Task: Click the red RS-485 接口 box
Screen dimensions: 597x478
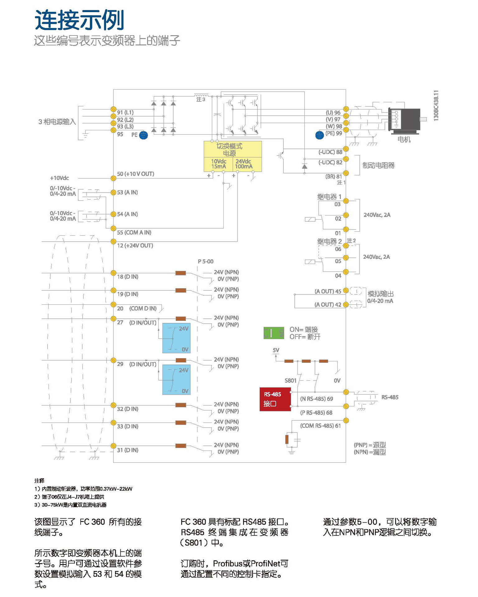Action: (x=275, y=399)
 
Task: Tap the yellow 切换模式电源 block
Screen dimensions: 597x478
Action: (x=232, y=156)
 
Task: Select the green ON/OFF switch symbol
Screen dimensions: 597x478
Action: (x=274, y=333)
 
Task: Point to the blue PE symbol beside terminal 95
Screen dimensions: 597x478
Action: (x=143, y=135)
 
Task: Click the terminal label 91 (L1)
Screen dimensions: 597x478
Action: (x=125, y=112)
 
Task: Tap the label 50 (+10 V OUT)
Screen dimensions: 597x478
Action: (x=135, y=174)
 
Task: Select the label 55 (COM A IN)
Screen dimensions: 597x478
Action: (x=134, y=232)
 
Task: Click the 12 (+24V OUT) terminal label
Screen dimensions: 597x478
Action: (x=135, y=245)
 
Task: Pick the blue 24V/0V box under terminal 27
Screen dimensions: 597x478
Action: (x=176, y=338)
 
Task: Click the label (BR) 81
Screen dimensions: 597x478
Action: (x=334, y=176)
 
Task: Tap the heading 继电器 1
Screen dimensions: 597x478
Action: (x=329, y=197)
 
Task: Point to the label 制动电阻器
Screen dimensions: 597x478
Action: (x=378, y=165)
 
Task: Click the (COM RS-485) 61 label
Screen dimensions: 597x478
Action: (x=320, y=426)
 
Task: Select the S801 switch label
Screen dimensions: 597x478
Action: (x=290, y=380)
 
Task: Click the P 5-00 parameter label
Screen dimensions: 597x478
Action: (x=205, y=261)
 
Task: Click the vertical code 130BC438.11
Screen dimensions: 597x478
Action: (x=436, y=105)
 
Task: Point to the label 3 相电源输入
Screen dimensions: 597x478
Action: (x=57, y=122)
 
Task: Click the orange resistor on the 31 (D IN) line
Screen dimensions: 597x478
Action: (x=180, y=446)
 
